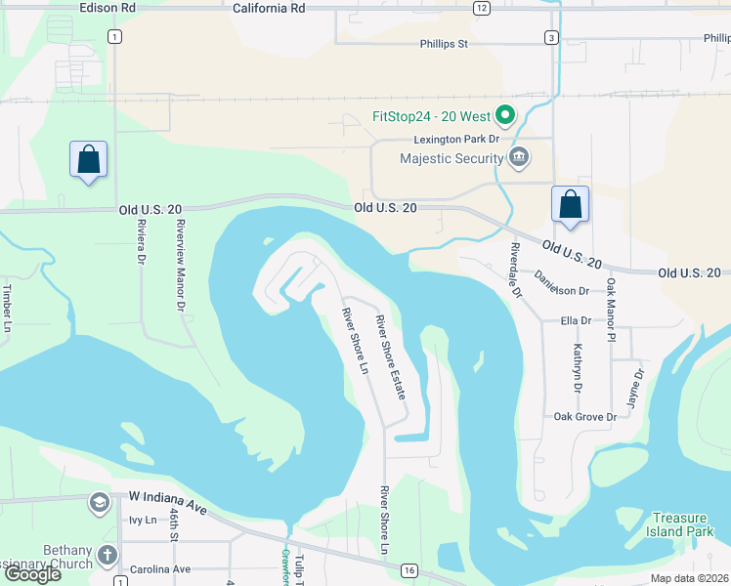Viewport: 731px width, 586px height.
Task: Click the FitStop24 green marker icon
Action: pos(505,117)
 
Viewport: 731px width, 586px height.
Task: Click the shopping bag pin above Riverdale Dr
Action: pos(570,204)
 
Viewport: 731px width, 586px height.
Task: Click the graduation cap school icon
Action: pos(99,503)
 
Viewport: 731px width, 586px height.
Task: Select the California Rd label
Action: pos(270,7)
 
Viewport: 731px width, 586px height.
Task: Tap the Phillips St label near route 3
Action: pos(445,44)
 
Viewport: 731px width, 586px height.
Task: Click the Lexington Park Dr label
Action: pos(455,140)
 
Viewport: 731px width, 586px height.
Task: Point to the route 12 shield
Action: pos(481,8)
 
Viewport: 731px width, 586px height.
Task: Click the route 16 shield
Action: pos(408,569)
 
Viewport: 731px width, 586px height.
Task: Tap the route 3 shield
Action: pos(552,38)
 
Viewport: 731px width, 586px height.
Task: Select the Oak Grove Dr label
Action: pos(584,417)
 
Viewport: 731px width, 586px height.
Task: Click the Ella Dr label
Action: pos(576,320)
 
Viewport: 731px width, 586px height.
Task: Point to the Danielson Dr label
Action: pos(561,290)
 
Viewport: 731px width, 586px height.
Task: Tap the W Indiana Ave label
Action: pos(168,496)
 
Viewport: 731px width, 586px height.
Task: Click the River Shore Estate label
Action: pos(391,356)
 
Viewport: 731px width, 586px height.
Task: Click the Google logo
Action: pos(32,574)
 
